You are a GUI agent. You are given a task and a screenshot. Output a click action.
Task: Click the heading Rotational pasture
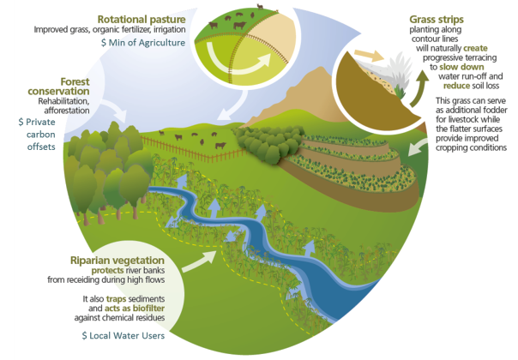click(x=142, y=20)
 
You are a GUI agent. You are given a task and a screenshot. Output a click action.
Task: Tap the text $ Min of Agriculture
click(x=143, y=43)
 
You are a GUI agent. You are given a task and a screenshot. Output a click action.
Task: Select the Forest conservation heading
click(x=58, y=87)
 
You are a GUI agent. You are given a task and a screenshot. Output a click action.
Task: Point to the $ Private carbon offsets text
click(x=37, y=135)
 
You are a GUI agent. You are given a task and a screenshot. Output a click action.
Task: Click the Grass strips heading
click(x=437, y=20)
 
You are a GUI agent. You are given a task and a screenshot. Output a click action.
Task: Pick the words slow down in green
click(x=461, y=67)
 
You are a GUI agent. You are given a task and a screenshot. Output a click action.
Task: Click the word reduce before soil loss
click(x=456, y=86)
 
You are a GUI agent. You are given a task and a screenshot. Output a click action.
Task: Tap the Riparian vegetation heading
click(x=117, y=261)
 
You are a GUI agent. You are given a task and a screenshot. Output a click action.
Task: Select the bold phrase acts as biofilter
click(x=135, y=309)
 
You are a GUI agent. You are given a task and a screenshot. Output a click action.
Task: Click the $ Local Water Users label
click(x=123, y=335)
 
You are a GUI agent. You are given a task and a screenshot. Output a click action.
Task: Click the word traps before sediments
click(x=116, y=299)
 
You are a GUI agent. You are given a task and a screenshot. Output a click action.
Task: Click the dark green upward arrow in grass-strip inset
click(x=419, y=87)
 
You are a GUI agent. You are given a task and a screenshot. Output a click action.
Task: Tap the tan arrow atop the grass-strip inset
click(x=369, y=55)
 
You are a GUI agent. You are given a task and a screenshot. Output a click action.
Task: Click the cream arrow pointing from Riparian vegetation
click(x=199, y=261)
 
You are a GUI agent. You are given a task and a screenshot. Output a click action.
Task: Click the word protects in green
click(x=107, y=271)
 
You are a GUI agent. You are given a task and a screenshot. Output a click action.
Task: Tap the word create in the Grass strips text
click(x=475, y=48)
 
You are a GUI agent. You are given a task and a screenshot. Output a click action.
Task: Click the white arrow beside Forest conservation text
click(x=114, y=110)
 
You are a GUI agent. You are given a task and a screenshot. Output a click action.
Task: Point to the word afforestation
click(x=67, y=111)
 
